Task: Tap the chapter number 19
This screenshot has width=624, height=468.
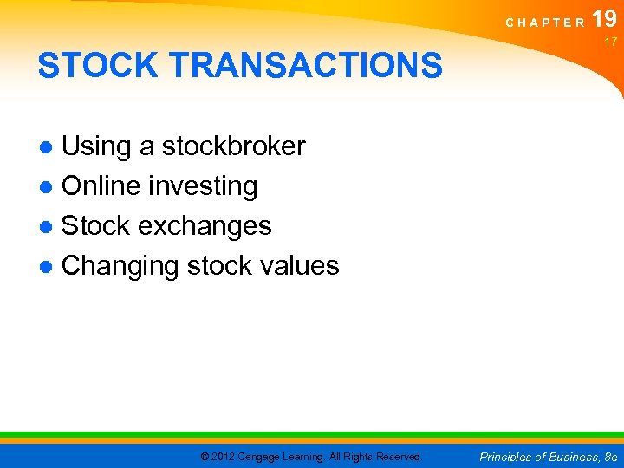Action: point(605,19)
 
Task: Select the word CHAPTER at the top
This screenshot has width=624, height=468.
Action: point(545,23)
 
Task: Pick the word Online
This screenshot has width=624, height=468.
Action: point(101,186)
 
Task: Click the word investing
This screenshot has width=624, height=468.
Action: point(204,187)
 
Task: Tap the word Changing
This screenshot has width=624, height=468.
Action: point(120,266)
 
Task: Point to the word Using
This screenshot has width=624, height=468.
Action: point(97,147)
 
